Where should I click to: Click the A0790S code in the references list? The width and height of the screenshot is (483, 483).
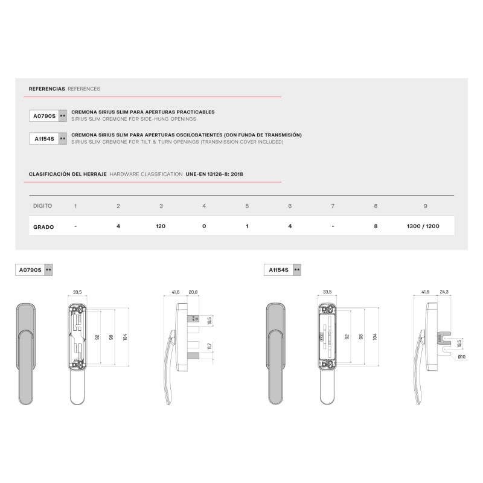(43, 115)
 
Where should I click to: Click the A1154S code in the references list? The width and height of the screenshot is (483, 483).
(43, 139)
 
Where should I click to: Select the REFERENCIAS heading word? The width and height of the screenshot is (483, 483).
(47, 89)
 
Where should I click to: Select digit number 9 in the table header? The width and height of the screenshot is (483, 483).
(426, 206)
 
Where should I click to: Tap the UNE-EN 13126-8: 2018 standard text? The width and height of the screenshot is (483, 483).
(216, 174)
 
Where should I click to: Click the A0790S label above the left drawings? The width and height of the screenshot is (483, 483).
(30, 270)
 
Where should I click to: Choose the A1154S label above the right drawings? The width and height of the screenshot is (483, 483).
(278, 270)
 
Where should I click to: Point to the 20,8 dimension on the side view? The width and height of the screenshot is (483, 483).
(193, 293)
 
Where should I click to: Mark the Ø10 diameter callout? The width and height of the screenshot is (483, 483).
(462, 357)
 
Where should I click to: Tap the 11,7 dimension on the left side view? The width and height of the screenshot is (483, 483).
(209, 347)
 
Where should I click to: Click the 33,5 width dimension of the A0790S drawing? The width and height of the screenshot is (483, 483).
(77, 293)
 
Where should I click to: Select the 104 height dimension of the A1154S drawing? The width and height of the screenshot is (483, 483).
(375, 336)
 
